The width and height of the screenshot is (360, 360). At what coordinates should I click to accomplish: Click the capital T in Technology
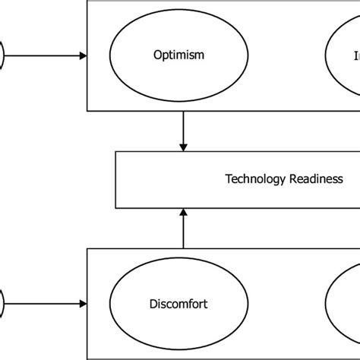[x=228, y=179]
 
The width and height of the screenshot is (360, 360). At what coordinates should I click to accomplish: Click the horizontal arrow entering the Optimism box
[x=46, y=55]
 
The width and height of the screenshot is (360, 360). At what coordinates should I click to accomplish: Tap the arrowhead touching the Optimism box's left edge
[x=83, y=55]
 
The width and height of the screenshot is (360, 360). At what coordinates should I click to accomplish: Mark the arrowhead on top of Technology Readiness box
[x=182, y=147]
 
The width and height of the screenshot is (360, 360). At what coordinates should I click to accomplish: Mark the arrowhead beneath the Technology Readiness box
[x=182, y=213]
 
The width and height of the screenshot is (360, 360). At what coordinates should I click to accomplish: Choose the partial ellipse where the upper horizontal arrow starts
[x=2, y=55]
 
